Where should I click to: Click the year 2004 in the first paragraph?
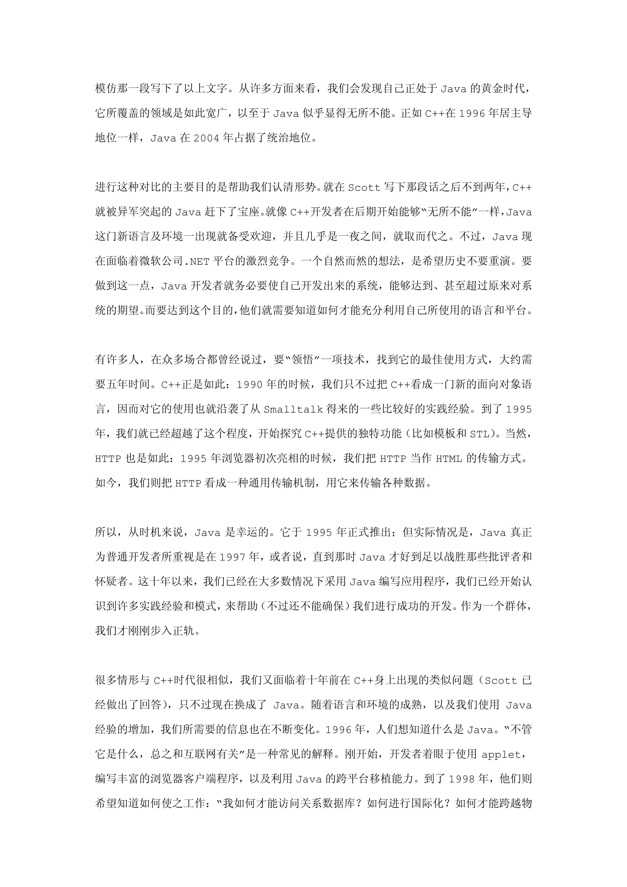coord(206,138)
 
